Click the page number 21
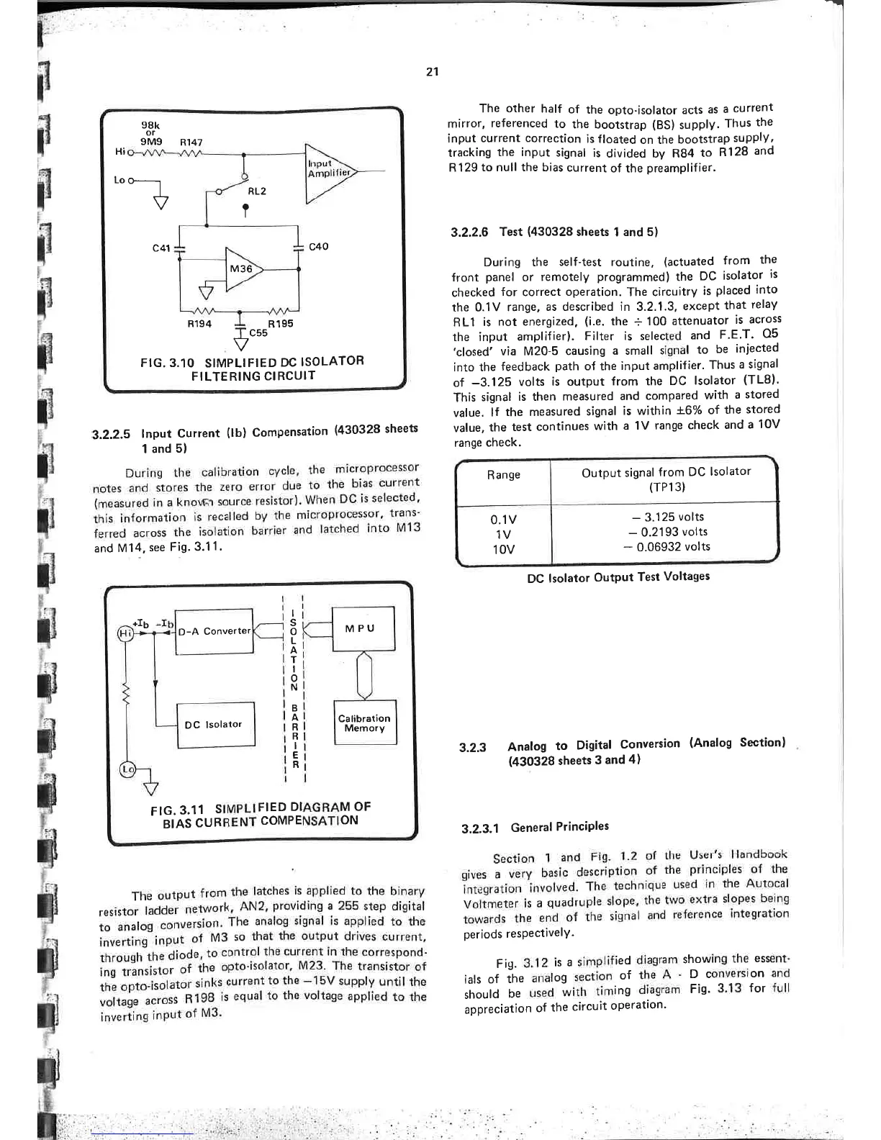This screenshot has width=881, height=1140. [x=432, y=72]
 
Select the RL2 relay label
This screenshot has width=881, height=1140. [x=257, y=191]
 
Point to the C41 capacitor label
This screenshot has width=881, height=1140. [x=161, y=248]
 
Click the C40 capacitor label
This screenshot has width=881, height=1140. [x=318, y=246]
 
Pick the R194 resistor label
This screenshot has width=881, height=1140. [x=199, y=324]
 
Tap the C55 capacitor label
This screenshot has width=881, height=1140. [x=258, y=333]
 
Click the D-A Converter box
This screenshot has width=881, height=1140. [x=214, y=631]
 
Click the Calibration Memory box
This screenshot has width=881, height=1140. [x=365, y=723]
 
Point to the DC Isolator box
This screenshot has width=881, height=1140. [x=215, y=725]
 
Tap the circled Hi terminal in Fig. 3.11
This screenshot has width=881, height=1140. [x=125, y=632]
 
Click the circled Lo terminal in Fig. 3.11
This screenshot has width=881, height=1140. [x=127, y=769]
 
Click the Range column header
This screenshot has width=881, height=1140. [x=503, y=475]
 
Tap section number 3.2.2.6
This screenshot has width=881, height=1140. [x=470, y=232]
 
